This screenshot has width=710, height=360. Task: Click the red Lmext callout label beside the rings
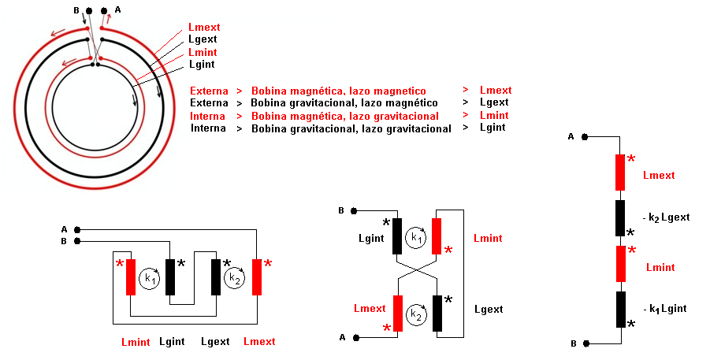click(x=204, y=27)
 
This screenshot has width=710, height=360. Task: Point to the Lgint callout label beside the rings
click(x=202, y=65)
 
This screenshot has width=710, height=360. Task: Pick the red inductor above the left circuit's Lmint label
click(x=131, y=276)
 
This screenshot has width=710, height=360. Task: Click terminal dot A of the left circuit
click(x=76, y=229)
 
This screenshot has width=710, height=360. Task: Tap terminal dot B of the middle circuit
click(x=355, y=211)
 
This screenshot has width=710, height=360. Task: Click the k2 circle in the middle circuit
click(x=416, y=314)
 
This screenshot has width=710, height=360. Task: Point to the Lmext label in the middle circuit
click(x=370, y=308)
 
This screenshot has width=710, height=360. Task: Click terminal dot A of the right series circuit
click(x=584, y=137)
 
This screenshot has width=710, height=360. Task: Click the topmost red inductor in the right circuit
click(x=620, y=173)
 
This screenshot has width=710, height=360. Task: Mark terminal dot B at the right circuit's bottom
click(x=584, y=344)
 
